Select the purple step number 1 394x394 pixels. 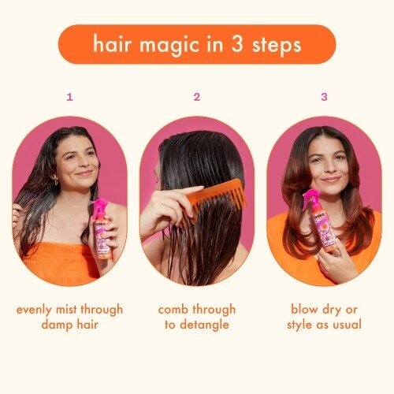click(69, 97)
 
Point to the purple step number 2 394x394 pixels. click(197, 97)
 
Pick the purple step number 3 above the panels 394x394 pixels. click(323, 97)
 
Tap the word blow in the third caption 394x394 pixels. click(306, 309)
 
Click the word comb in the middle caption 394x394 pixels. click(174, 309)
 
